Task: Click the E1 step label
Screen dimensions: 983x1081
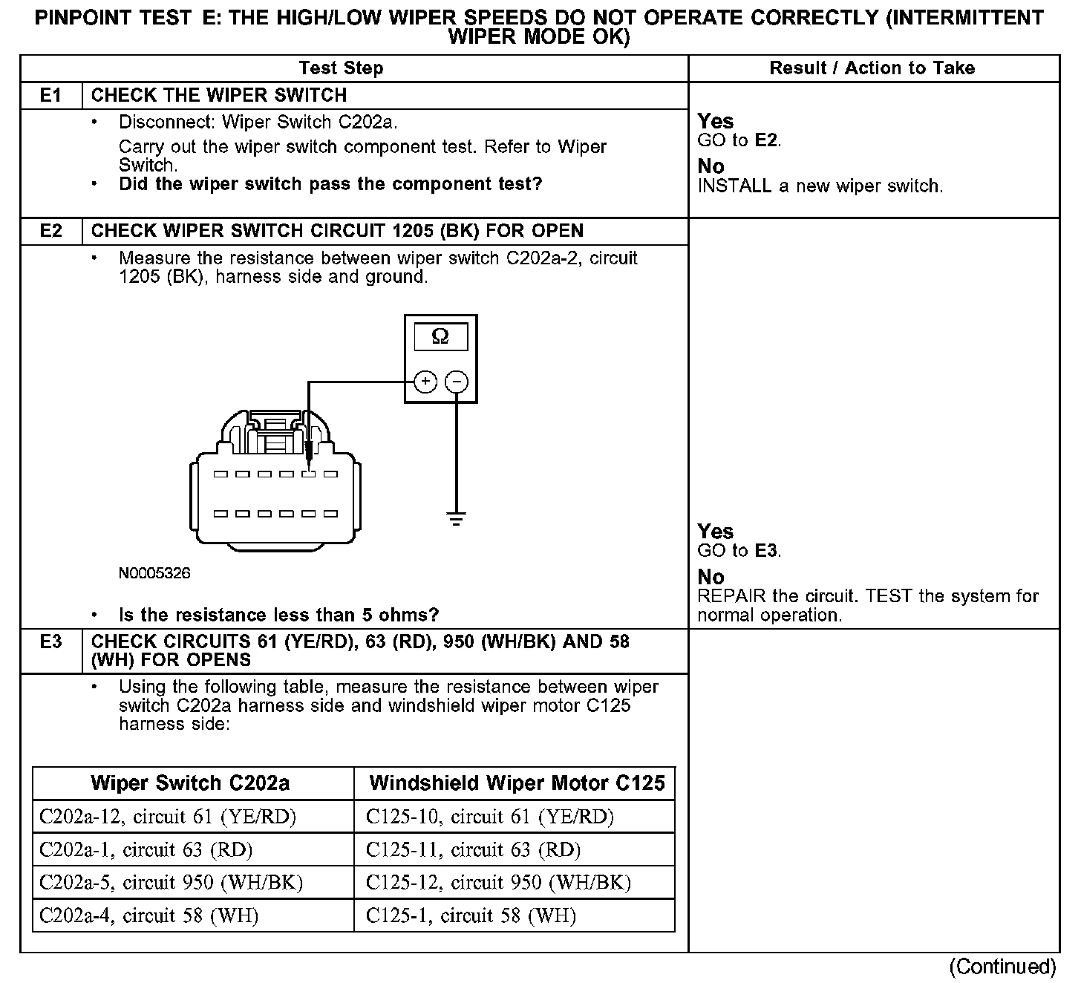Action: (x=50, y=96)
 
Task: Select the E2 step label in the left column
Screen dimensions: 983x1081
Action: (x=50, y=231)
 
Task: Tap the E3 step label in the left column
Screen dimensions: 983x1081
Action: (x=50, y=642)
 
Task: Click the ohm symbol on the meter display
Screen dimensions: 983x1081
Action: (x=440, y=337)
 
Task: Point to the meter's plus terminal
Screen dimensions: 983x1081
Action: (x=425, y=382)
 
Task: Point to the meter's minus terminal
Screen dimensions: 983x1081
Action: (x=457, y=382)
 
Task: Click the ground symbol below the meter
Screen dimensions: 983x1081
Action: (x=457, y=518)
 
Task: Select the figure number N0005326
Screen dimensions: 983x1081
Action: (x=154, y=573)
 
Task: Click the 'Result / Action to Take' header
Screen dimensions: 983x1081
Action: (x=872, y=68)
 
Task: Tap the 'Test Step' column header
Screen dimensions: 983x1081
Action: (x=341, y=68)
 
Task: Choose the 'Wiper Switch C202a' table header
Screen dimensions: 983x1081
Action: (x=190, y=783)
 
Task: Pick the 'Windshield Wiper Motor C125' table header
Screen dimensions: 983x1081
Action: (x=517, y=783)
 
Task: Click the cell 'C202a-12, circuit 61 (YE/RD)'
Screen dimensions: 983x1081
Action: (x=168, y=817)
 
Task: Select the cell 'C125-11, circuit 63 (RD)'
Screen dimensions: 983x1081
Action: (x=473, y=850)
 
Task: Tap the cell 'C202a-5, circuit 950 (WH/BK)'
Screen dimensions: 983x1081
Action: (x=171, y=883)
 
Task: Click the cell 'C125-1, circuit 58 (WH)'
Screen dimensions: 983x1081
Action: (x=471, y=916)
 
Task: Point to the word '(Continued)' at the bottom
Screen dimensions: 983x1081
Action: (x=1002, y=967)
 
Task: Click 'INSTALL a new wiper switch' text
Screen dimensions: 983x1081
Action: (x=820, y=186)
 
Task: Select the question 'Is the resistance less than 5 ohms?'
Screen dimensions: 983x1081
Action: (x=279, y=615)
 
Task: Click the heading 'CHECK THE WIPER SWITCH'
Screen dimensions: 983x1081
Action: (x=219, y=96)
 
